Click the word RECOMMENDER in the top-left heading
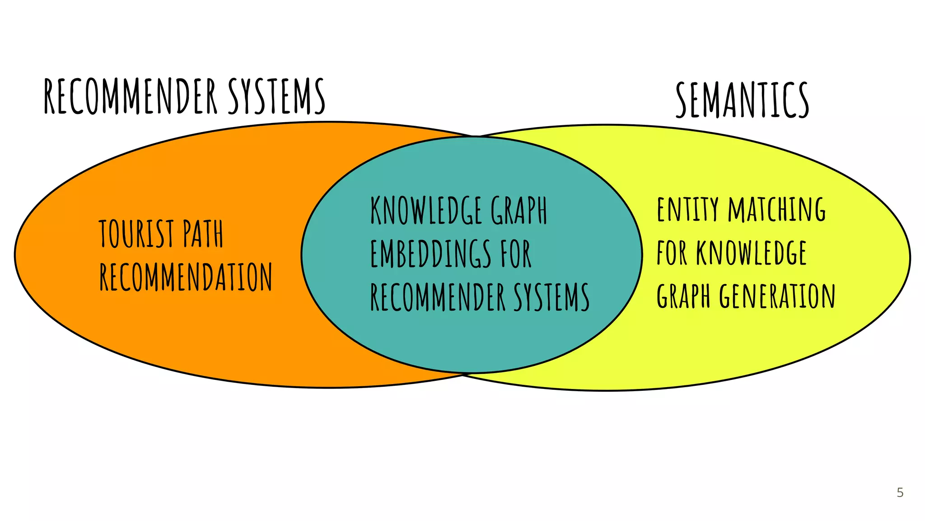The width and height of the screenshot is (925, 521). (131, 96)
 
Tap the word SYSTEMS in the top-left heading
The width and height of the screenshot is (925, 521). (276, 96)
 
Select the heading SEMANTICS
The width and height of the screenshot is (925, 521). (742, 100)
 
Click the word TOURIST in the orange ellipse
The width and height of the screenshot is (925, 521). (136, 234)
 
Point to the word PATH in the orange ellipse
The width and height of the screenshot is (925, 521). (203, 234)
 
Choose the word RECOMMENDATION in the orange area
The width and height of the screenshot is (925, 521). (186, 277)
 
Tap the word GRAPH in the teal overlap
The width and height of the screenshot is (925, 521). (519, 210)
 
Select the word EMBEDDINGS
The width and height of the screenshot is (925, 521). (430, 254)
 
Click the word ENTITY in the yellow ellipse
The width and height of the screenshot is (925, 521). (687, 209)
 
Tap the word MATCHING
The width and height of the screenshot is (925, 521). (777, 209)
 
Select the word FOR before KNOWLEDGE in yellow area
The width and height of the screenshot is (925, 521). (672, 253)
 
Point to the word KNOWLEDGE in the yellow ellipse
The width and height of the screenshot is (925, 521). (751, 253)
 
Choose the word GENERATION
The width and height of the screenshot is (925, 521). (777, 296)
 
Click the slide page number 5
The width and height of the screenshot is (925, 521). (900, 493)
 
